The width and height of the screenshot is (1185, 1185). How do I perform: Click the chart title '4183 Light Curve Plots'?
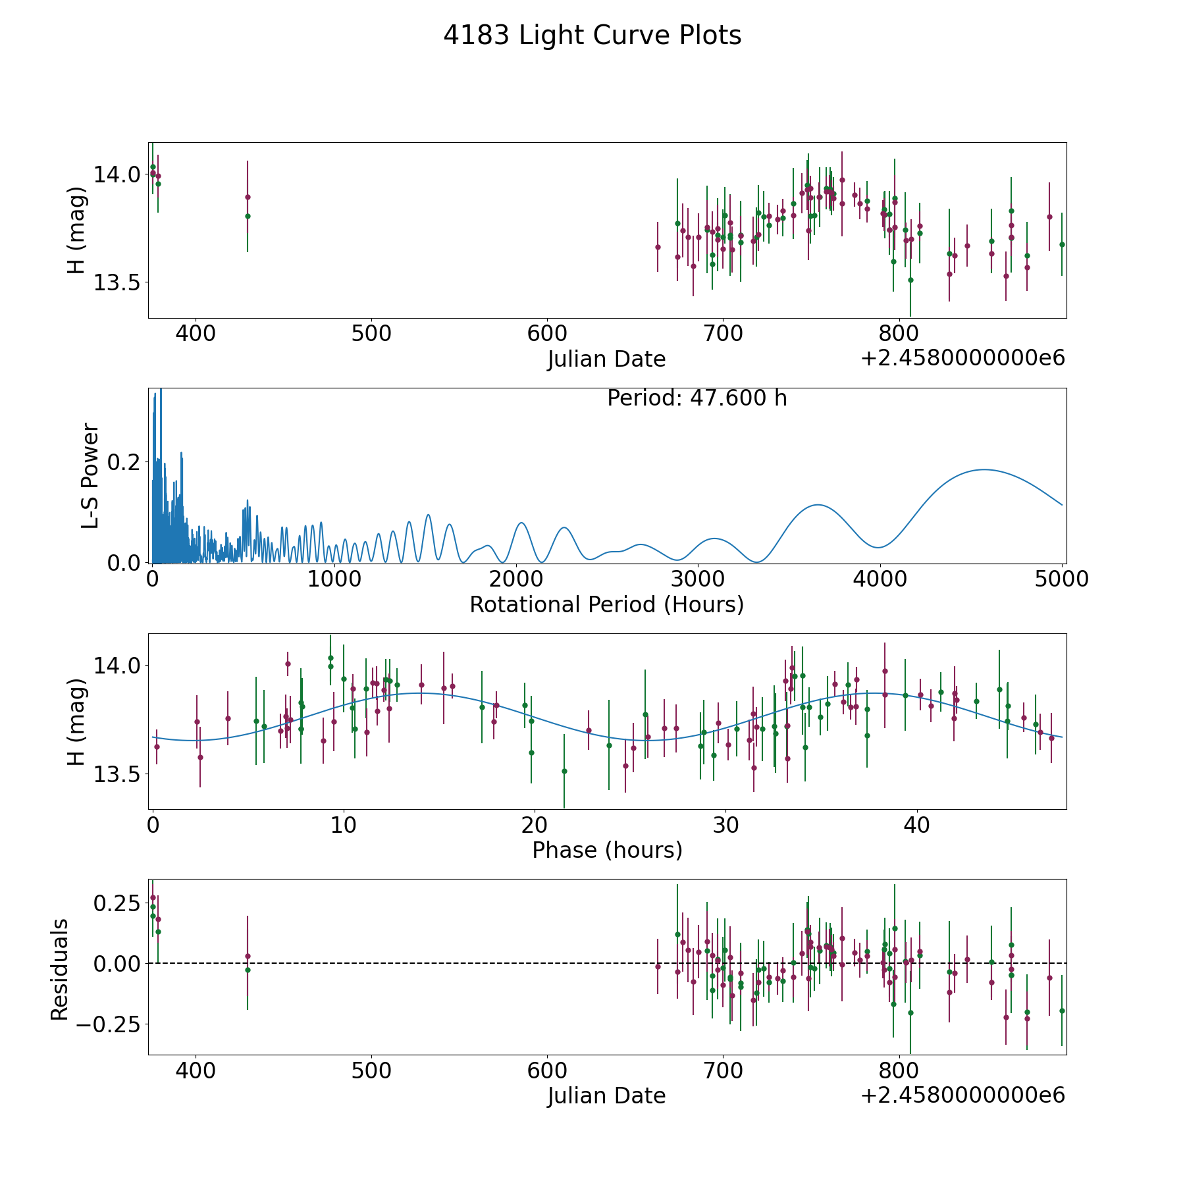click(x=592, y=36)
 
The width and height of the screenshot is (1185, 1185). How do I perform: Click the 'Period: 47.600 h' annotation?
click(x=697, y=398)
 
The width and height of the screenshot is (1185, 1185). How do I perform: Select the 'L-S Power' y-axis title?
click(x=90, y=475)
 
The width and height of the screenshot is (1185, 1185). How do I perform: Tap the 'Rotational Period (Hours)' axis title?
click(x=606, y=604)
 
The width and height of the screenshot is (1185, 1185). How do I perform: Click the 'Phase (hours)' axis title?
click(x=607, y=850)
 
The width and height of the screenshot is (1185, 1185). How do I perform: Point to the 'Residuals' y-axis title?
click(x=59, y=969)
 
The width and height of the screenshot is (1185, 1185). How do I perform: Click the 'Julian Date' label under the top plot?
click(x=606, y=359)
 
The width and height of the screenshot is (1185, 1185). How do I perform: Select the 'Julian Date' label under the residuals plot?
click(x=606, y=1095)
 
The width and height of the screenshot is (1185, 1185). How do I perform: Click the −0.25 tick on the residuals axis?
click(x=109, y=1024)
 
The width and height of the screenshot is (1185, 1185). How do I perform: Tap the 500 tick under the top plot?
click(x=371, y=334)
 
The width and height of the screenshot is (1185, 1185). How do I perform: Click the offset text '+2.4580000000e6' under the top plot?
click(x=962, y=358)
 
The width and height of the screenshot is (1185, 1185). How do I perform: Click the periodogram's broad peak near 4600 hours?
click(x=984, y=469)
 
